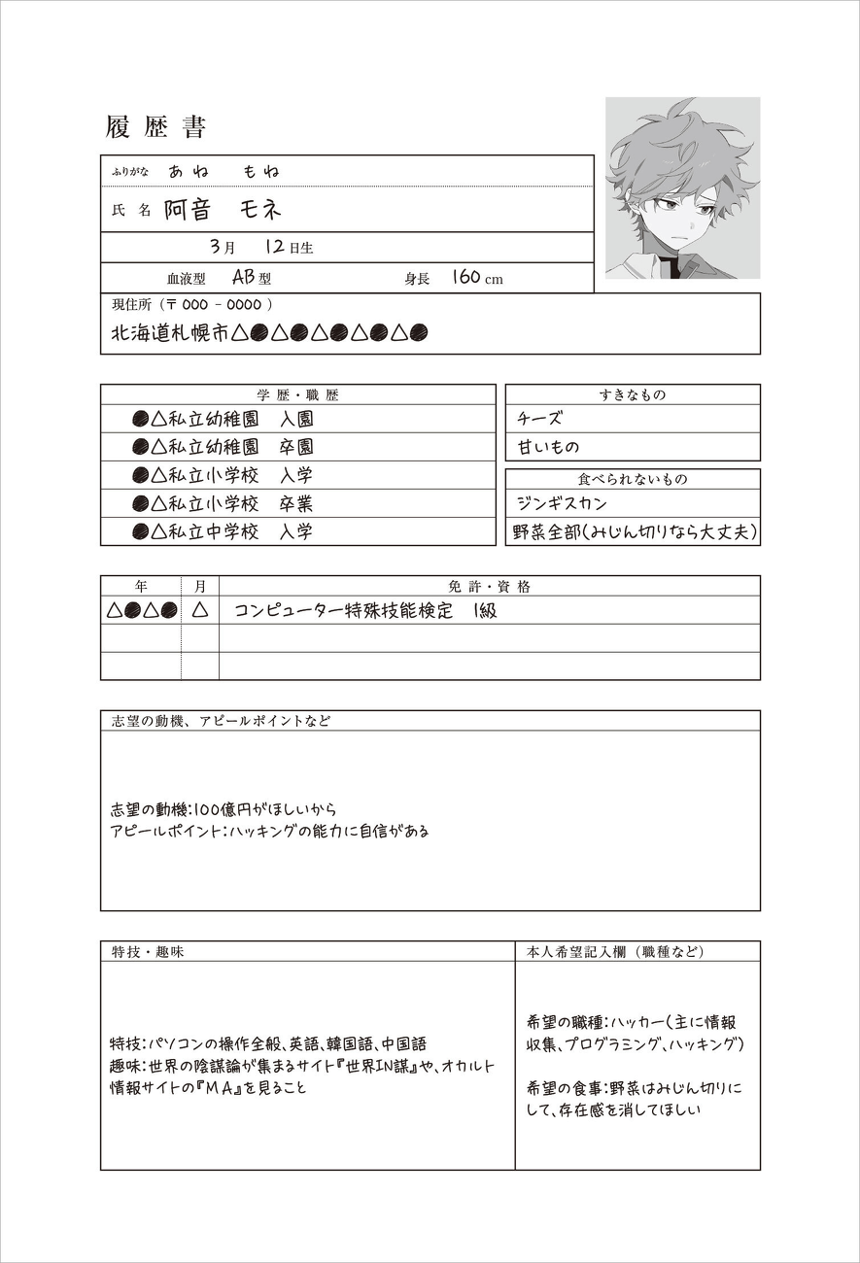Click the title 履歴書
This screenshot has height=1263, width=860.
[155, 127]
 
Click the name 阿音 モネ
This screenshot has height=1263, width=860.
[223, 210]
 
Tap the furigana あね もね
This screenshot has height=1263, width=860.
[224, 171]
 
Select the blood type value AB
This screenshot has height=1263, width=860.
[243, 278]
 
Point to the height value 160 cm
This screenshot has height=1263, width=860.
[477, 278]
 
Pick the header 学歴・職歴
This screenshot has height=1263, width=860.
[297, 395]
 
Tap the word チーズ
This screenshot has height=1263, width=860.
[540, 419]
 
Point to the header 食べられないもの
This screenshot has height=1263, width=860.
[633, 479]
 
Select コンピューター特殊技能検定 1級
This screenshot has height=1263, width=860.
[365, 610]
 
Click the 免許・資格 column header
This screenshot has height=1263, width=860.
[489, 587]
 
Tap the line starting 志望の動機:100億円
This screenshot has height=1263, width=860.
[224, 808]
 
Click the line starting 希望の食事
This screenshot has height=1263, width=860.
[633, 1088]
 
